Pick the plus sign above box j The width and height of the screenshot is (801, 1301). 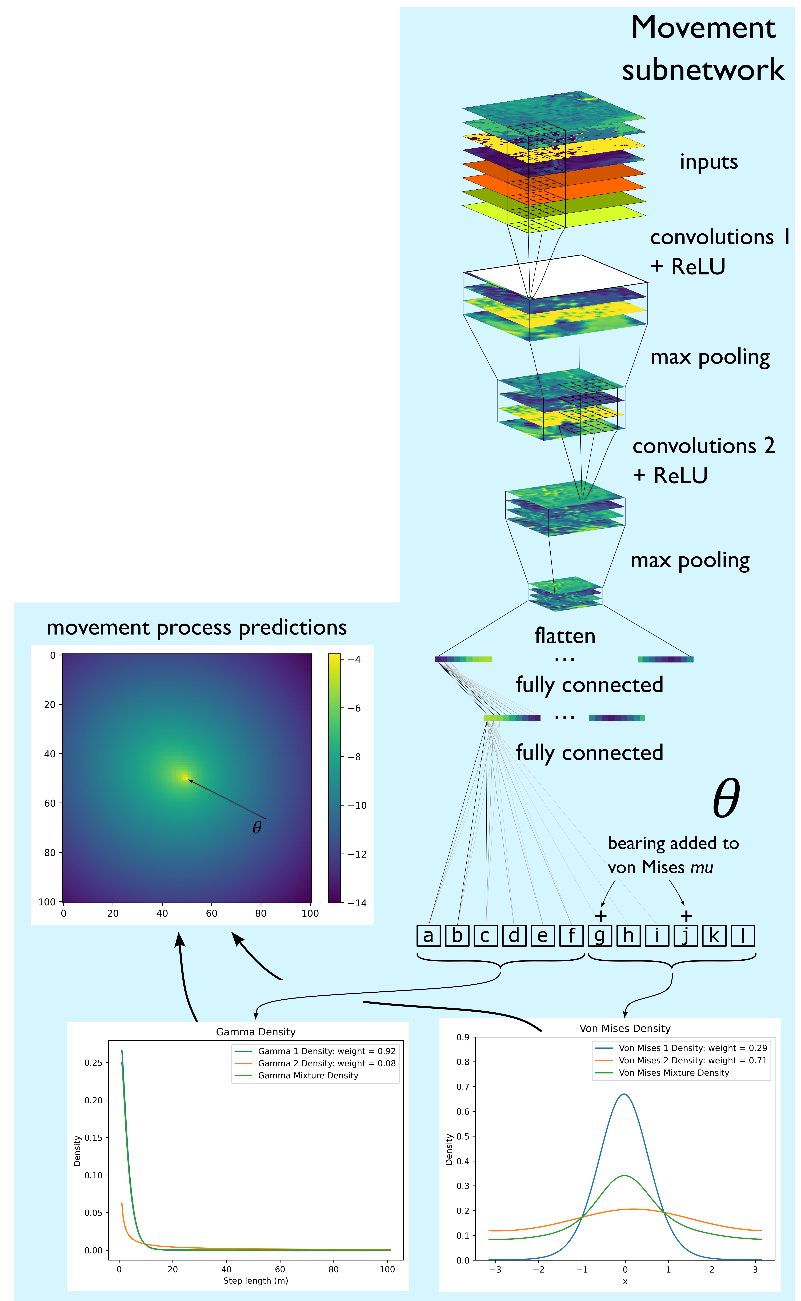686,916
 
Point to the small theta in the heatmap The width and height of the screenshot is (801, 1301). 257,827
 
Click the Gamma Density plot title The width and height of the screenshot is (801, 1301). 256,1032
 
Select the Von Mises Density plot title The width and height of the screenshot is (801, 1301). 625,1029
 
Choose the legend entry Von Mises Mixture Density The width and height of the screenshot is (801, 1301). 674,1073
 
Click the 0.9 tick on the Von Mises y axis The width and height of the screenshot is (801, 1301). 463,1037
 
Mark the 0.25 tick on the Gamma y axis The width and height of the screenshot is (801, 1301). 93,1063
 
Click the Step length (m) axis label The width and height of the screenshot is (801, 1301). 256,1281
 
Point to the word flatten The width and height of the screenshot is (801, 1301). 565,636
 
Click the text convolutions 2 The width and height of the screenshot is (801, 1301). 703,446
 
